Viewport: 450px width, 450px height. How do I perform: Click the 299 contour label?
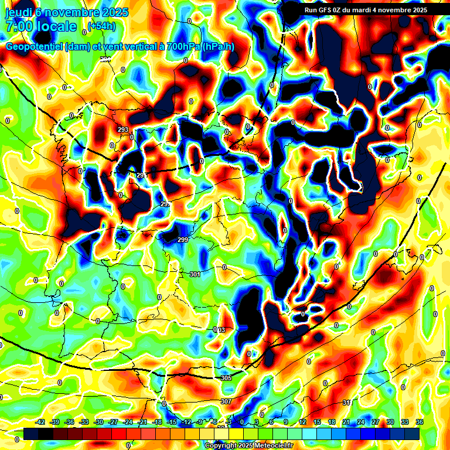click(x=183, y=239)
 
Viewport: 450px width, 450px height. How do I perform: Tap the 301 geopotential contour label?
click(x=195, y=274)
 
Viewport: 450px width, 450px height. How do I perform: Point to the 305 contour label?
click(x=226, y=378)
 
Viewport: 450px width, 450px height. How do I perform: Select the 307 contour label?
click(x=226, y=401)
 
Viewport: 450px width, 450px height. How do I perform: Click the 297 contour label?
click(x=165, y=204)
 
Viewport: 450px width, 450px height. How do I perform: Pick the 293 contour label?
click(x=123, y=129)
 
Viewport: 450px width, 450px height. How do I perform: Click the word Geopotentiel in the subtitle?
click(x=33, y=47)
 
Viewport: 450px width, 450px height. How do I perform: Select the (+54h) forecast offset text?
click(x=101, y=26)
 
